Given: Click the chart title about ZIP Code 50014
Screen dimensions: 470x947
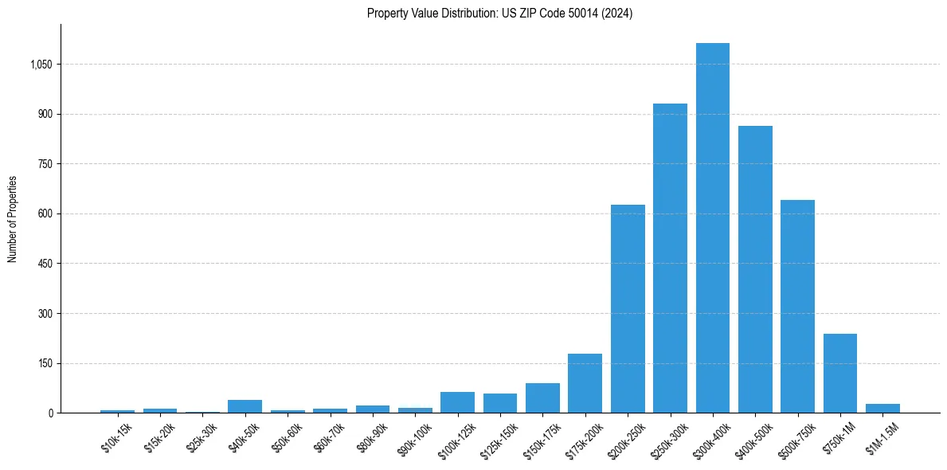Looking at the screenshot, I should (499, 13).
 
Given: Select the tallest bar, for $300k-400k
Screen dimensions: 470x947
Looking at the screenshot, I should (712, 228).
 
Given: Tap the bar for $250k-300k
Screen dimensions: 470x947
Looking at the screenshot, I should (670, 258).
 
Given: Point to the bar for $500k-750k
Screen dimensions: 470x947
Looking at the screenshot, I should (797, 307).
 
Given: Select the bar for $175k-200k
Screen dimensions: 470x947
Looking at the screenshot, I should (585, 383).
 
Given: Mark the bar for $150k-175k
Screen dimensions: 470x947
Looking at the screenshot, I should (542, 398).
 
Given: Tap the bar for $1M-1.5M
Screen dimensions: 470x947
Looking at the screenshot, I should (882, 409).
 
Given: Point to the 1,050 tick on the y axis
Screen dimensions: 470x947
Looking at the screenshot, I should (41, 65).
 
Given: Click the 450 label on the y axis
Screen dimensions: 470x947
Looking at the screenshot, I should (45, 264).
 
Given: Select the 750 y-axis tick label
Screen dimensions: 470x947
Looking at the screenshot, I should (45, 164).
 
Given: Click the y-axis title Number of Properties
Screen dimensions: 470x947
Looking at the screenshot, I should (13, 219).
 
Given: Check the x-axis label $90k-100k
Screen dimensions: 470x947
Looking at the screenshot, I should (415, 440).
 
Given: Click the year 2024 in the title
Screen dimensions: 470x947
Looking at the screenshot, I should (616, 13).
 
